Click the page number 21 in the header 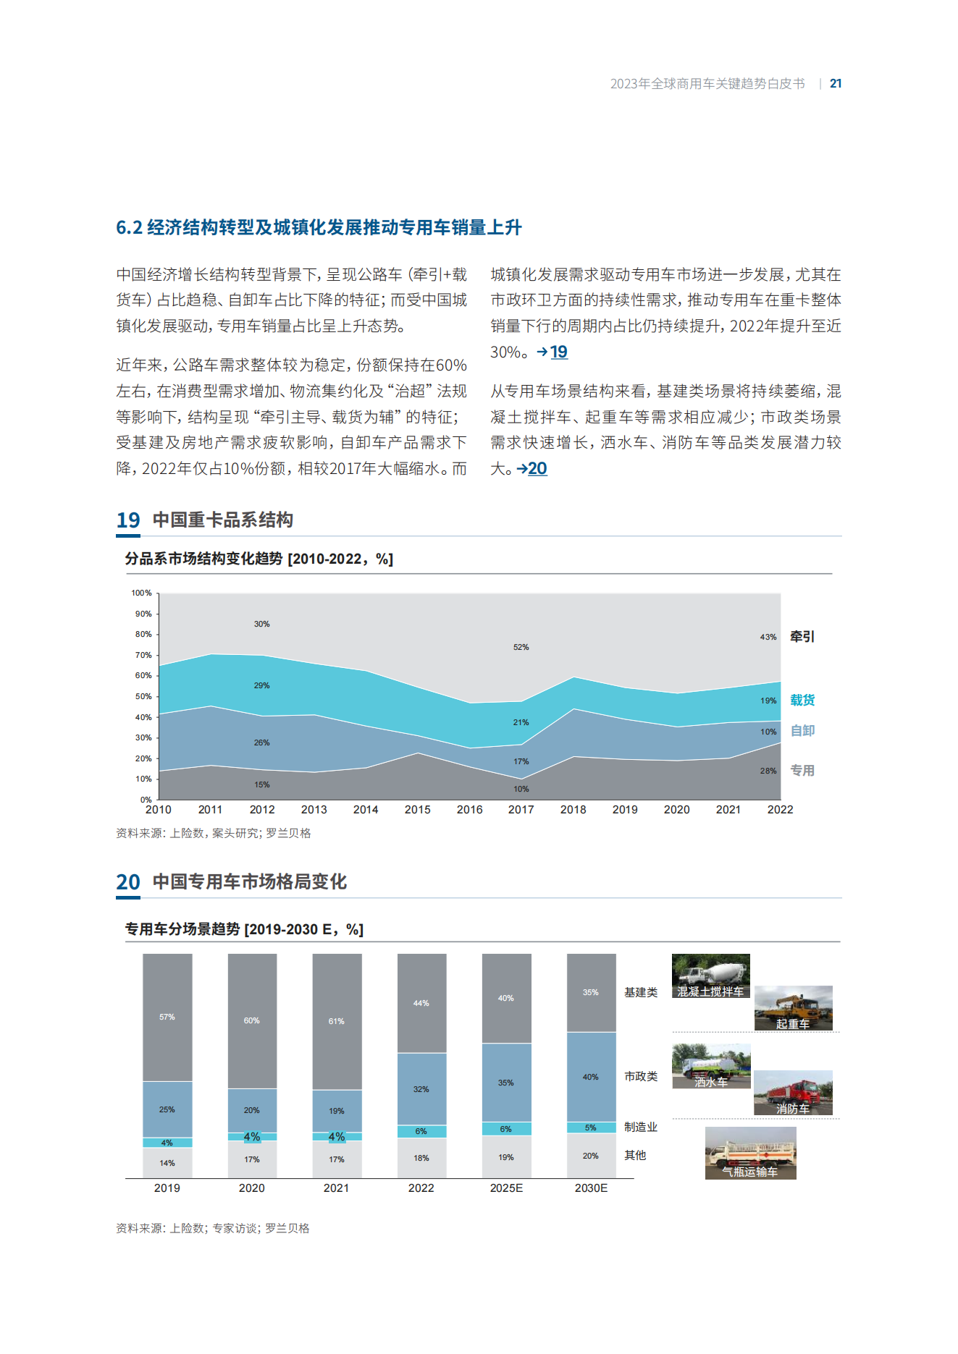pyautogui.click(x=836, y=83)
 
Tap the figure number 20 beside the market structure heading pyautogui.click(x=128, y=882)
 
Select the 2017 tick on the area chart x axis pyautogui.click(x=521, y=810)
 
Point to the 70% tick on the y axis pyautogui.click(x=143, y=655)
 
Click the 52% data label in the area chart pyautogui.click(x=521, y=647)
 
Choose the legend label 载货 pyautogui.click(x=802, y=700)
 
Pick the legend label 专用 pyautogui.click(x=802, y=770)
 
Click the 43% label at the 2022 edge pyautogui.click(x=768, y=637)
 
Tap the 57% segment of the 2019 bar pyautogui.click(x=167, y=1017)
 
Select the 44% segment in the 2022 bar pyautogui.click(x=421, y=1003)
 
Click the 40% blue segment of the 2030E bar pyautogui.click(x=591, y=1077)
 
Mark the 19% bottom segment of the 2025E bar pyautogui.click(x=506, y=1157)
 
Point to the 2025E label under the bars pyautogui.click(x=506, y=1188)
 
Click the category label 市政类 pyautogui.click(x=641, y=1076)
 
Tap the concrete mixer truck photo pyautogui.click(x=711, y=976)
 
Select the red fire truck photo pyautogui.click(x=793, y=1093)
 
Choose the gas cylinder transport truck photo pyautogui.click(x=751, y=1153)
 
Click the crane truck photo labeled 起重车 pyautogui.click(x=794, y=1008)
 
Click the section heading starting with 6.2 pyautogui.click(x=319, y=227)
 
